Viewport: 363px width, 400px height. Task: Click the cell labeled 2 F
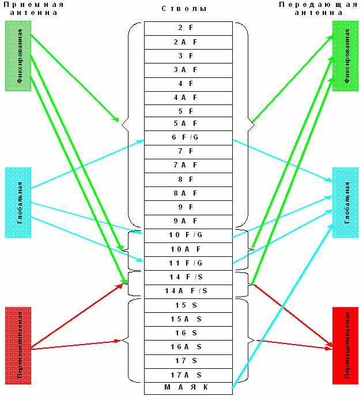[x=188, y=28]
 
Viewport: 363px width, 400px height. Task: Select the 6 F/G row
[x=188, y=137]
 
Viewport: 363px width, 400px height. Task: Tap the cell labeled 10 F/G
[x=188, y=235]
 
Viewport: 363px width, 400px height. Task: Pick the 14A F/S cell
[x=188, y=290]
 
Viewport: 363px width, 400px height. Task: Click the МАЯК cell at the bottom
[x=188, y=388]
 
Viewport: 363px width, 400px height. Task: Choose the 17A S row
[x=188, y=374]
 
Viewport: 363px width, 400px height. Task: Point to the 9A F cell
[x=188, y=220]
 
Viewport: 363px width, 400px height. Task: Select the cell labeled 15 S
[x=188, y=305]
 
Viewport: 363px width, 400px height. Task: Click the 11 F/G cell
[x=188, y=263]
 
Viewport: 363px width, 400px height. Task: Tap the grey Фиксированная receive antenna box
[x=17, y=56]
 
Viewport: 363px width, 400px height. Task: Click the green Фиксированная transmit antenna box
[x=345, y=56]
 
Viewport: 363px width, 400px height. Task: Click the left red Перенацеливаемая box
[x=17, y=345]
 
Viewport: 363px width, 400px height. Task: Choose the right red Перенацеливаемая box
[x=345, y=345]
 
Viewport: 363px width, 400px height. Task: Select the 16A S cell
[x=188, y=346]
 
